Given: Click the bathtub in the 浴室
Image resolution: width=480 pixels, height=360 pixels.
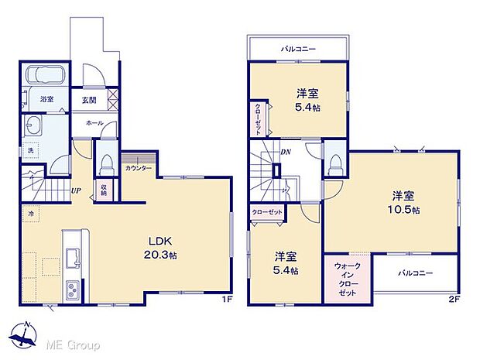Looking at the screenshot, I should [x=46, y=77].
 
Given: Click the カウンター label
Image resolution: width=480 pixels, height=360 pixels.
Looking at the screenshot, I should [x=138, y=168].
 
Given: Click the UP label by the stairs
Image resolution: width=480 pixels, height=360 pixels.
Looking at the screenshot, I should [x=77, y=190].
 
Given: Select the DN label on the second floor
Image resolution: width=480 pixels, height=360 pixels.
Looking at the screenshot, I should [x=286, y=153].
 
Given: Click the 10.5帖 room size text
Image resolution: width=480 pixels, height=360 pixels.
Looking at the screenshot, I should [x=405, y=210].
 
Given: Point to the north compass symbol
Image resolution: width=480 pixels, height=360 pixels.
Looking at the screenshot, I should [x=26, y=335].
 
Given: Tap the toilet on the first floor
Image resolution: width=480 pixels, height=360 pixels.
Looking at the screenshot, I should [x=105, y=163].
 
